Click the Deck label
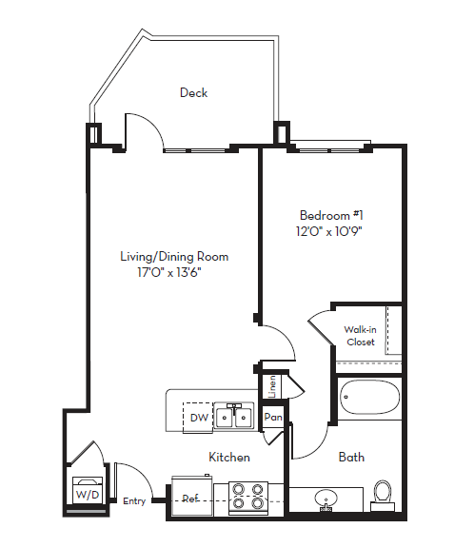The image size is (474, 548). point(193,93)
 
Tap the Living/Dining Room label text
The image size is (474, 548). point(174,257)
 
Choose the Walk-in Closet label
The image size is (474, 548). point(360,336)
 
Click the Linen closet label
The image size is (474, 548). point(271,385)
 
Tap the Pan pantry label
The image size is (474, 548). point(273,417)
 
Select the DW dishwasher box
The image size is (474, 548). point(199,418)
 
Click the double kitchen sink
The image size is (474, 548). point(232,417)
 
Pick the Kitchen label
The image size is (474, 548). point(229,458)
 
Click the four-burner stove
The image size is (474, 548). point(247,499)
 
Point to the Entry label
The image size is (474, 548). point(134,502)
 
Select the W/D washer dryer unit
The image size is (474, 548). point(87,491)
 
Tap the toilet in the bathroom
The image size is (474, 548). point(384,492)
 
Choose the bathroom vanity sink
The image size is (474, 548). point(326,499)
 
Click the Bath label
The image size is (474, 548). point(351,458)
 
